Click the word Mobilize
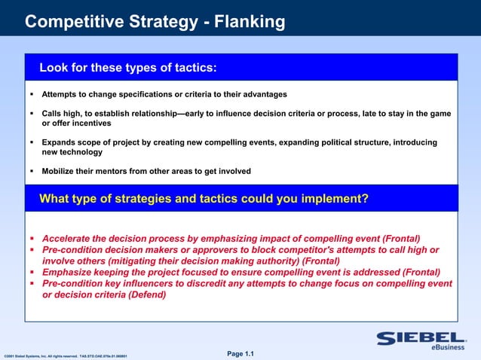[59, 171]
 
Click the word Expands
[59, 142]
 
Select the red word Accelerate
[70, 238]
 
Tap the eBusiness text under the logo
[448, 348]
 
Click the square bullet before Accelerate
[32, 238]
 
